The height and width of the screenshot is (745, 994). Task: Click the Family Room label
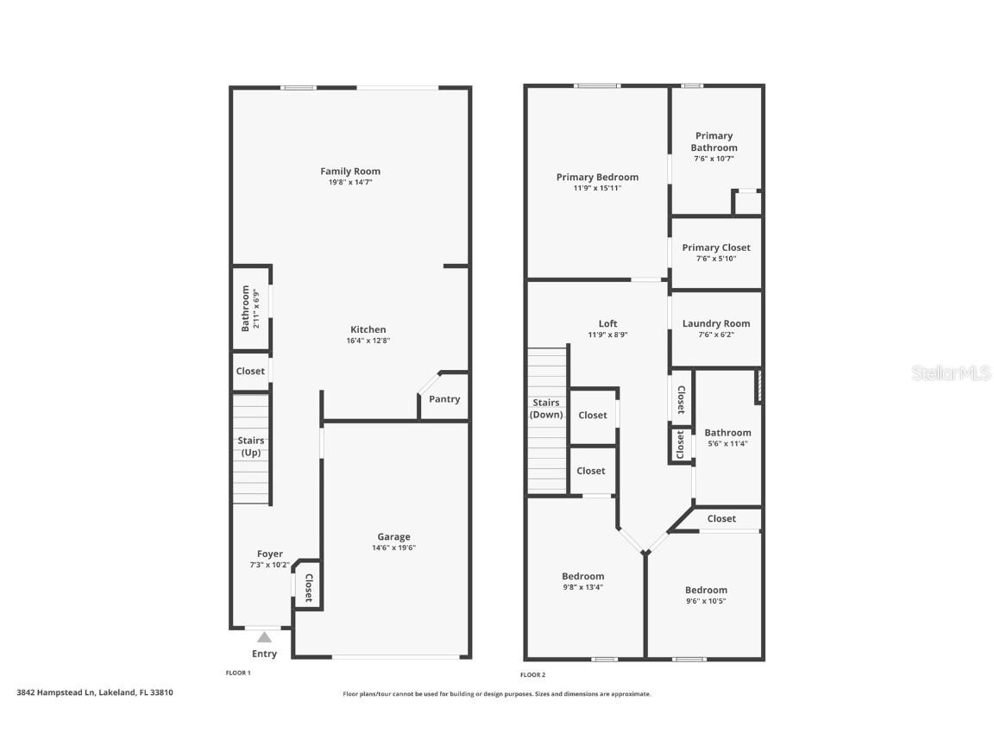point(350,172)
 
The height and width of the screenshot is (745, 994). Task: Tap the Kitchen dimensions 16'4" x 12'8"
point(368,341)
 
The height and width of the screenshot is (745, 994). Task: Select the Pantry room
point(444,399)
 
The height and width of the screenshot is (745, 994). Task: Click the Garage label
point(393,537)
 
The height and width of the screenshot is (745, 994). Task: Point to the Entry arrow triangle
point(265,637)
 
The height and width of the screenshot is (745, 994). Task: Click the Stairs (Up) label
point(251,446)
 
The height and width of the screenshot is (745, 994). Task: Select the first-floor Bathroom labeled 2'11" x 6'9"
point(250,308)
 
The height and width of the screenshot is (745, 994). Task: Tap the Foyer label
point(270,554)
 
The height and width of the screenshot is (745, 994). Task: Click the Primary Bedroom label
point(597,178)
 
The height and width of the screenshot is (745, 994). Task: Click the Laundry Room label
point(716,324)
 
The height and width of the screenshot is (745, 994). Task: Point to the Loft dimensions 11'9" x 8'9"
point(607,335)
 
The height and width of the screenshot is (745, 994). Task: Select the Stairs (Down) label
point(546,409)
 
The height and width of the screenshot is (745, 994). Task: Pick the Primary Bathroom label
point(714,141)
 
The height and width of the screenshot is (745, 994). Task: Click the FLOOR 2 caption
point(533,675)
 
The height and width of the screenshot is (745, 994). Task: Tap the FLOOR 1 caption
point(238,673)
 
